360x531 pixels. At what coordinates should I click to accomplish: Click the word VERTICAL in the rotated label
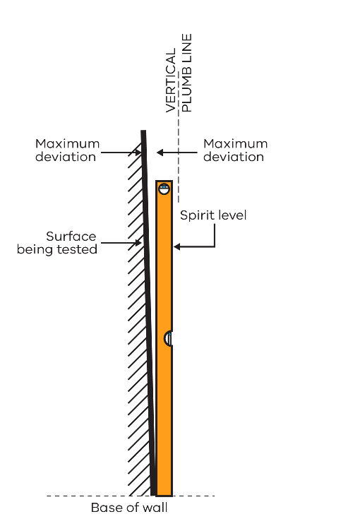171,80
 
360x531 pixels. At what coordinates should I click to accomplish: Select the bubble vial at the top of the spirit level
164,189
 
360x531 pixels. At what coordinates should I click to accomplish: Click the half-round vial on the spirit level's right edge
168,339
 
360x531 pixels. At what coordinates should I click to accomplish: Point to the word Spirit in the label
193,216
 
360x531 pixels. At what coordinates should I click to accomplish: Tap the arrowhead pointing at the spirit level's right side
176,246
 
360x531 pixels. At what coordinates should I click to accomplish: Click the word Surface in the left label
71,237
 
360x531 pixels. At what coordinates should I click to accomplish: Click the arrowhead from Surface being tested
138,243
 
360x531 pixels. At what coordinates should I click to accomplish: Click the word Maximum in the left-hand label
67,144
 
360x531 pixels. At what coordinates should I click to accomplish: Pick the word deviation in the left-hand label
66,157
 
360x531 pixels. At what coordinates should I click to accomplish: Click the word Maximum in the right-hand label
235,144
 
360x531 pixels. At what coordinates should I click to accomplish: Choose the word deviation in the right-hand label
234,157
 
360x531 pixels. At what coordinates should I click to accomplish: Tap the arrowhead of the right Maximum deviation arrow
160,153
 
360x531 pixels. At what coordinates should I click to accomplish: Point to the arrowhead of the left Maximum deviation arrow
138,153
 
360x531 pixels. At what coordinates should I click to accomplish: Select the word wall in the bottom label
155,508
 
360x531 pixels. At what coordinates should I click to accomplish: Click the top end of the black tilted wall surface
143,131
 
